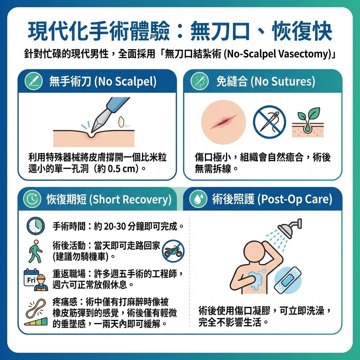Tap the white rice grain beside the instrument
[x=121, y=122]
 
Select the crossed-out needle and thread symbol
[x=269, y=122]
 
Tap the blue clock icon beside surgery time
[x=36, y=226]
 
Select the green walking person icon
[x=35, y=252]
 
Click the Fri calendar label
[x=31, y=280]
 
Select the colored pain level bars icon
[x=36, y=321]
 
